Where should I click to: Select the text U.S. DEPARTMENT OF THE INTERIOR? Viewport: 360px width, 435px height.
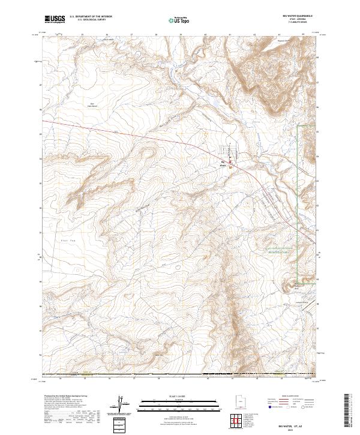91,17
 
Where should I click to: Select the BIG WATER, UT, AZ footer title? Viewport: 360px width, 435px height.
292,424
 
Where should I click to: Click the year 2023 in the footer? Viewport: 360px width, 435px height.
292,428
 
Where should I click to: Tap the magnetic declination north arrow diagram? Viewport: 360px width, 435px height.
121,405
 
